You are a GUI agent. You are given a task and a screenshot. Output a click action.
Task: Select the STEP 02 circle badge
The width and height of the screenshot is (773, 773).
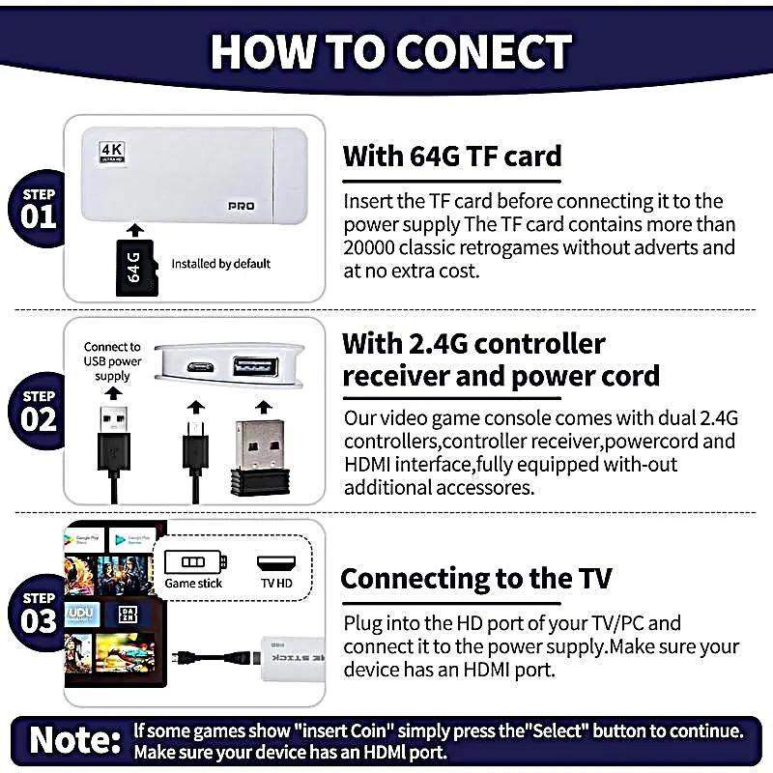click(x=39, y=410)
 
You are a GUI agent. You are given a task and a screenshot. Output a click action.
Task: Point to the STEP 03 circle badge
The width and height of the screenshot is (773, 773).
click(x=39, y=612)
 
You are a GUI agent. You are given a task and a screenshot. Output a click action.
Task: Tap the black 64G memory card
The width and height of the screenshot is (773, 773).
click(x=135, y=268)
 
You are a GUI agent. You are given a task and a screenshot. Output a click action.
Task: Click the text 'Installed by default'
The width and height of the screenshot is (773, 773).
click(x=220, y=264)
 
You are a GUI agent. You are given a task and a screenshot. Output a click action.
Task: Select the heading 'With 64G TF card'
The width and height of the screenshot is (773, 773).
click(x=451, y=156)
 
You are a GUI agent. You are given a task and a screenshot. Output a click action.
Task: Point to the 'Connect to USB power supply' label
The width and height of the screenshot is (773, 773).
click(x=112, y=361)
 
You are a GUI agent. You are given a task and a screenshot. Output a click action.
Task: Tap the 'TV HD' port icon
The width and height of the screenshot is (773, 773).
click(x=274, y=571)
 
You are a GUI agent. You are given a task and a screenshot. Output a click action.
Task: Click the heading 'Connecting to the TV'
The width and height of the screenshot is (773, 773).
click(x=475, y=579)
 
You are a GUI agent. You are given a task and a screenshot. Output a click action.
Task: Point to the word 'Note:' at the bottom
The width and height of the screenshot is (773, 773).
click(x=75, y=739)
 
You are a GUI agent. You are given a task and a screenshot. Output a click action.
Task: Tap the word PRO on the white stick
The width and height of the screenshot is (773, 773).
click(x=241, y=207)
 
